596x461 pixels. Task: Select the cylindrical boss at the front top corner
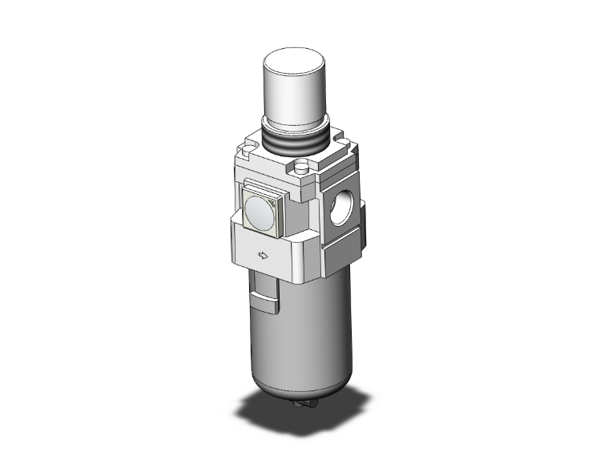click(x=302, y=169)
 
